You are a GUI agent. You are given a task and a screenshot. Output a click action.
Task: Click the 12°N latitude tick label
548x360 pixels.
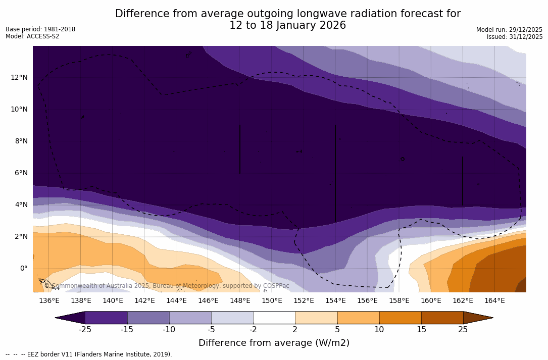(19, 77)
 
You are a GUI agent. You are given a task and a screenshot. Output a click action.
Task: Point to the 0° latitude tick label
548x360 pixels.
(23, 268)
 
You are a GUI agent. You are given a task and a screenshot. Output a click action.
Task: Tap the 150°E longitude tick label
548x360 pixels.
(272, 301)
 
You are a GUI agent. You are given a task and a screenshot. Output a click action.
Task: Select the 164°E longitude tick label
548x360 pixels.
(494, 301)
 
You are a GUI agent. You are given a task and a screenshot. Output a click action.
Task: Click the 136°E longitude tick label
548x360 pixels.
(49, 301)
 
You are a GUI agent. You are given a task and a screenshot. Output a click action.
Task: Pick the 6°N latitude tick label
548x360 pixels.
(21, 173)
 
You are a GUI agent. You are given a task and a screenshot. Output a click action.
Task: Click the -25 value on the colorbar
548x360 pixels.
(85, 330)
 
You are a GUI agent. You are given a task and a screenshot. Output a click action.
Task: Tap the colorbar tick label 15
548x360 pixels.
(421, 330)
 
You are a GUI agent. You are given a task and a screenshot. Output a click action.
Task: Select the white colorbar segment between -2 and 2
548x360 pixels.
(274, 318)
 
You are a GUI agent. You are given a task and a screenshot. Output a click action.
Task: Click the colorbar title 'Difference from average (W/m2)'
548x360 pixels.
(274, 343)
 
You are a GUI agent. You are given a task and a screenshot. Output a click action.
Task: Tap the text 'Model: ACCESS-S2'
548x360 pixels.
(32, 36)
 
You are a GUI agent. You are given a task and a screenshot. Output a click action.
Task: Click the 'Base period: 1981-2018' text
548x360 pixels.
(40, 29)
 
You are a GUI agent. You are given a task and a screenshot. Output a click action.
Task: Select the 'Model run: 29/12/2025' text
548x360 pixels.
(509, 30)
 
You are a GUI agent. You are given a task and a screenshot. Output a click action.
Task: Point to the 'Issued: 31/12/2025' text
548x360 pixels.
(515, 37)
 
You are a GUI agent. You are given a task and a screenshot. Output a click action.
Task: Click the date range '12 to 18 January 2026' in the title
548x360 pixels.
(287, 26)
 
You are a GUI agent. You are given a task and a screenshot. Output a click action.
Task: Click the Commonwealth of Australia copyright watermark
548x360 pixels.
(167, 286)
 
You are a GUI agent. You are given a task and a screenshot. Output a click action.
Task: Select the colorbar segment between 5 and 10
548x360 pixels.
(358, 318)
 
